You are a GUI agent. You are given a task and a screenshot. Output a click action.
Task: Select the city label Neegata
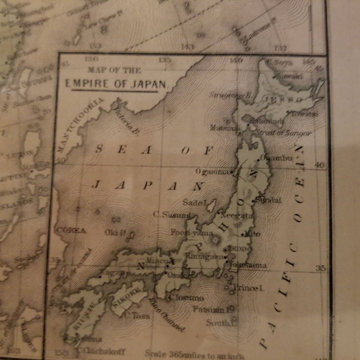point(238,216)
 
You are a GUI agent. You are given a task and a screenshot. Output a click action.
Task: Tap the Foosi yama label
point(187,232)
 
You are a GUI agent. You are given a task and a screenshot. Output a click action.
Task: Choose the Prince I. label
point(249,288)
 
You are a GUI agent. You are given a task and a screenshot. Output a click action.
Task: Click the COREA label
point(71,231)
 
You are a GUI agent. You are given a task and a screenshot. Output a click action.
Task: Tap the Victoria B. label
point(127,119)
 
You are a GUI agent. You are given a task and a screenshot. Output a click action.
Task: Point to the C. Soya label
point(281,63)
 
